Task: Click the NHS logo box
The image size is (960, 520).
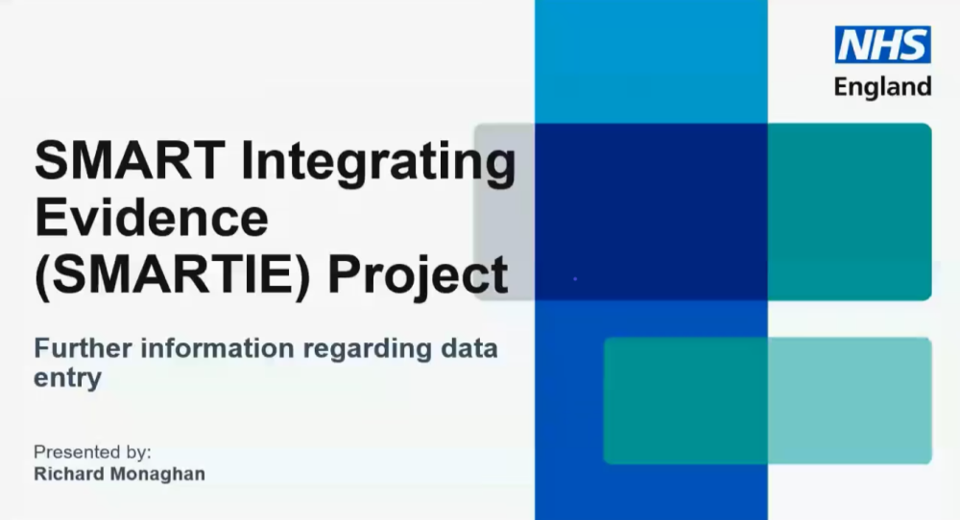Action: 883,45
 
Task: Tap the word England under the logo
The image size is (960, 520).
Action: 883,87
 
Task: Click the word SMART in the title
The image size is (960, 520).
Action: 131,160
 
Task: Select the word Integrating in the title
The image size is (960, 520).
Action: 379,163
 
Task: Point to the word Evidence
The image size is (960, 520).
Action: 152,217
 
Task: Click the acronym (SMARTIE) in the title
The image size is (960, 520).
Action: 173,276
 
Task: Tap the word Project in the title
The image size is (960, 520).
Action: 419,276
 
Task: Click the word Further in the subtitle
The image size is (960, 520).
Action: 83,348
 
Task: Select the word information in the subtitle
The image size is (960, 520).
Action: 217,348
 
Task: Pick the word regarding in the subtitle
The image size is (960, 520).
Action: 368,349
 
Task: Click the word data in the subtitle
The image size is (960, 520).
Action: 469,348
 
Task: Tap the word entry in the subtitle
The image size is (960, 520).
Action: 67,378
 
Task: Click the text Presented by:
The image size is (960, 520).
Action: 92,452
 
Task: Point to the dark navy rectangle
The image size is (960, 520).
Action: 651,212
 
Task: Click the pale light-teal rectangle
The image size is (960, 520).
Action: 850,400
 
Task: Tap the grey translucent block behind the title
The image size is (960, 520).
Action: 504,212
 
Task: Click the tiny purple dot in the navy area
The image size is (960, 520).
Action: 575,279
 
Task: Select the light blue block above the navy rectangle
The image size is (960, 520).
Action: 651,61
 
